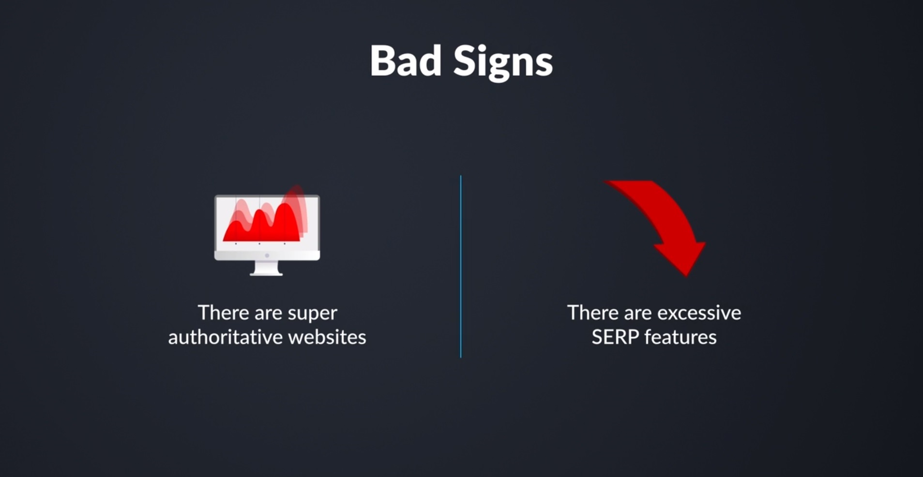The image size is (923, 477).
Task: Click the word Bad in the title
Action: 406,61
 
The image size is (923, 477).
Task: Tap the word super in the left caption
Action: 312,313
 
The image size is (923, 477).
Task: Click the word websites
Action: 327,337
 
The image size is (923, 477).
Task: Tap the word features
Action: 681,337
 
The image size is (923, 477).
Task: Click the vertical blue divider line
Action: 461,266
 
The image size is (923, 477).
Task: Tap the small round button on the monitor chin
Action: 267,255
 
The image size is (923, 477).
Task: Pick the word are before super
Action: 268,313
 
